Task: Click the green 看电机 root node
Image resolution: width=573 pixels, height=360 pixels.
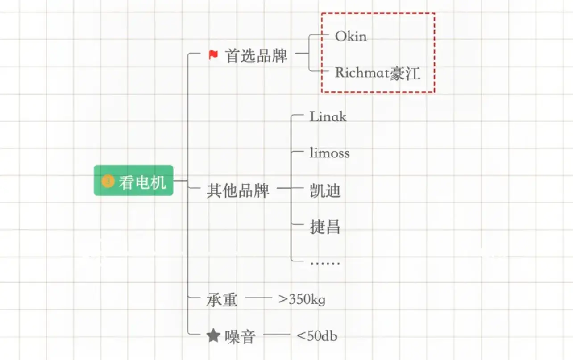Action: pyautogui.click(x=133, y=181)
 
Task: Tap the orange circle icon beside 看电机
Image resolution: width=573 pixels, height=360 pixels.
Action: pyautogui.click(x=108, y=181)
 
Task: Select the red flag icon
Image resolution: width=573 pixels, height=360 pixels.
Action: pyautogui.click(x=213, y=55)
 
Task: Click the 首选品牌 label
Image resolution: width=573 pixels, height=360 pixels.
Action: pyautogui.click(x=256, y=56)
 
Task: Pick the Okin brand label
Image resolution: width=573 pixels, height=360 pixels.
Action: pyautogui.click(x=351, y=36)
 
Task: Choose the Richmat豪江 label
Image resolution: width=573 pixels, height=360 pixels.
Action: pyautogui.click(x=378, y=73)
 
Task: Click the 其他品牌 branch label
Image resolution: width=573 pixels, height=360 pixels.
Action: pyautogui.click(x=238, y=190)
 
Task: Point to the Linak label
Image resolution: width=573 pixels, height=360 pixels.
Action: pyautogui.click(x=328, y=117)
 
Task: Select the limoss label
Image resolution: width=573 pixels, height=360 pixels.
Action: pyautogui.click(x=329, y=153)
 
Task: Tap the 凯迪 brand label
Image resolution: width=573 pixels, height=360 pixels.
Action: pyautogui.click(x=325, y=190)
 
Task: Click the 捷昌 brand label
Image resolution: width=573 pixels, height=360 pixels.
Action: pyautogui.click(x=325, y=227)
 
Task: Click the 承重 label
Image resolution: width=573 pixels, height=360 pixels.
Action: pyautogui.click(x=222, y=300)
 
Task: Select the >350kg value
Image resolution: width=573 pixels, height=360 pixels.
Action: pyautogui.click(x=302, y=299)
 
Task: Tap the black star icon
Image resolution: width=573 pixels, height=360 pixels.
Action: pyautogui.click(x=214, y=336)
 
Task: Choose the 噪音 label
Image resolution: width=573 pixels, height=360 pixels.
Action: pyautogui.click(x=240, y=337)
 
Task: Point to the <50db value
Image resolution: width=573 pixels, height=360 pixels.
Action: pyautogui.click(x=317, y=336)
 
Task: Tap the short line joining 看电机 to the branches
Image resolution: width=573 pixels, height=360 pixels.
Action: pyautogui.click(x=180, y=181)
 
